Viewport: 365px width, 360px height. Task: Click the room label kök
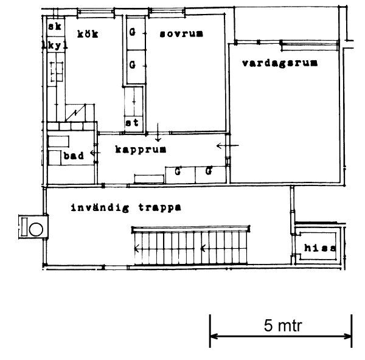tap(88, 34)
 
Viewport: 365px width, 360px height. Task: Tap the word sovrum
tap(181, 33)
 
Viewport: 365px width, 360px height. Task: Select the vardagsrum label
tap(280, 63)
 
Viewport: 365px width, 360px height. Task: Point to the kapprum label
tap(141, 150)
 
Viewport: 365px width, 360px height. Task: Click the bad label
tap(74, 156)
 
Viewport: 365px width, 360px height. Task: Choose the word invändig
tap(100, 207)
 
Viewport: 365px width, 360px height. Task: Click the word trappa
tap(160, 207)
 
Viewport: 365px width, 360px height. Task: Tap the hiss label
tap(321, 248)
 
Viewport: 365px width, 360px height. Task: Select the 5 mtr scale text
tap(283, 325)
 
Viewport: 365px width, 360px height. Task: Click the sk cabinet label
tap(55, 26)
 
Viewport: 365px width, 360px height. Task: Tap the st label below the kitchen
tap(132, 123)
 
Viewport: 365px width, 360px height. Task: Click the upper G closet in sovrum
tap(132, 32)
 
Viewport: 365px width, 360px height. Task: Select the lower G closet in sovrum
tap(132, 64)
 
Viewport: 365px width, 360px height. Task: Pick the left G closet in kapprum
tap(178, 171)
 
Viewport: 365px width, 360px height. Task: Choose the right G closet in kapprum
tap(209, 171)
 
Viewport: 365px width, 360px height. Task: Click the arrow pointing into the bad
tap(96, 153)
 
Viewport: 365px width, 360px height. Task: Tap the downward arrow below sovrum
tap(158, 132)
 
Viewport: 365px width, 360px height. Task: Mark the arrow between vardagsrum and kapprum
tap(228, 146)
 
